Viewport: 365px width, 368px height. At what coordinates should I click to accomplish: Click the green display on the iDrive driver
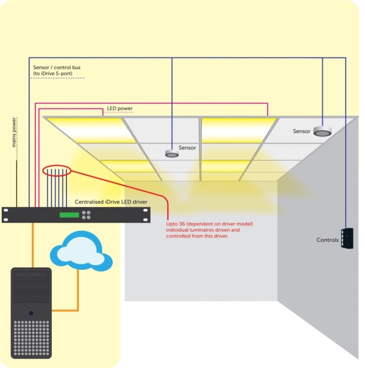[x=69, y=215]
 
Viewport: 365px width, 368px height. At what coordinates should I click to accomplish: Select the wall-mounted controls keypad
[x=347, y=238]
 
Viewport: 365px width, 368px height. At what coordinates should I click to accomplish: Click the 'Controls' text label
[x=327, y=240]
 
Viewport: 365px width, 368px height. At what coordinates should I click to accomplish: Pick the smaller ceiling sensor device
[x=172, y=153]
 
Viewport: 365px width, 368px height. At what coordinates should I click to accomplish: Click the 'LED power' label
[x=120, y=109]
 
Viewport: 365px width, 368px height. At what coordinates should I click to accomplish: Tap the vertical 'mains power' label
[x=14, y=132]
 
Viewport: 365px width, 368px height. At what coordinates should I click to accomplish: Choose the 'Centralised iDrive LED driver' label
[x=111, y=202]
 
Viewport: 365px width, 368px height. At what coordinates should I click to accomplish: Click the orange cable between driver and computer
[x=33, y=245]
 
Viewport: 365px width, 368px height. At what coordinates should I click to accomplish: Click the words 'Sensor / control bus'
[x=57, y=68]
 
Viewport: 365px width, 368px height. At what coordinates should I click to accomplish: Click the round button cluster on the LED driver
[x=86, y=215]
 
